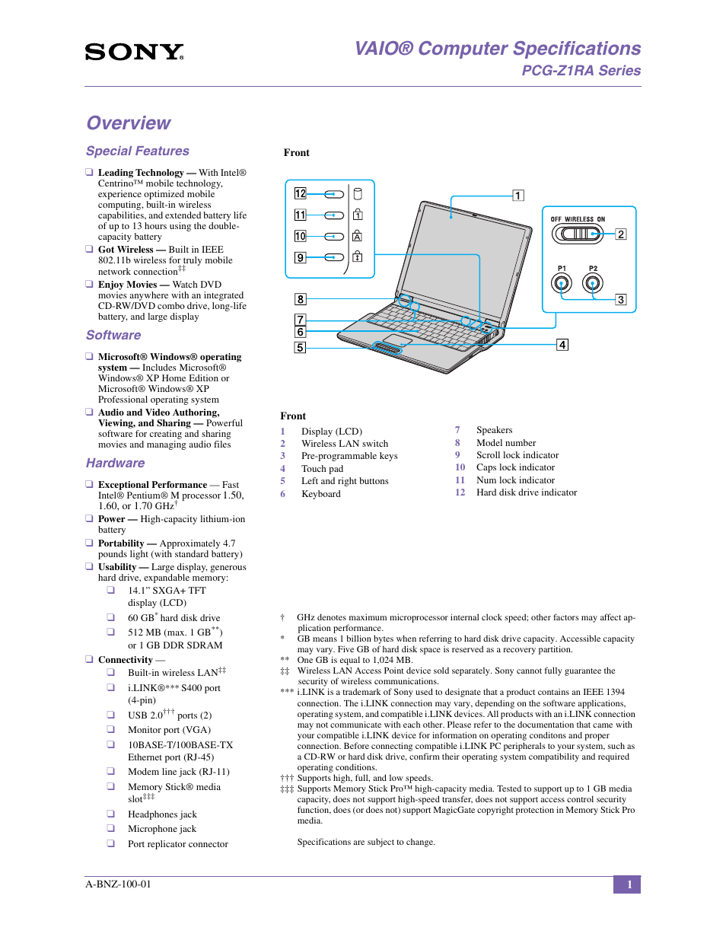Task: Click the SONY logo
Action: click(134, 52)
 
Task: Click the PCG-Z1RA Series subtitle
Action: click(581, 71)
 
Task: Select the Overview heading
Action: click(129, 123)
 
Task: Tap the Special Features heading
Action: click(138, 151)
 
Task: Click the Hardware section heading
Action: click(115, 464)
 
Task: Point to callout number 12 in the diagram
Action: click(301, 194)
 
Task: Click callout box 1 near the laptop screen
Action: click(518, 196)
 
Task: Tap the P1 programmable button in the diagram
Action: click(562, 284)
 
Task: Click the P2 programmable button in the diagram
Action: click(593, 284)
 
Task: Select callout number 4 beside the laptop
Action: click(562, 345)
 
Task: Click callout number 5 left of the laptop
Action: click(301, 348)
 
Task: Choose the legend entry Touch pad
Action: click(322, 469)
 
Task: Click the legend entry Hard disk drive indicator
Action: click(527, 492)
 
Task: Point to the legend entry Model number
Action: click(506, 443)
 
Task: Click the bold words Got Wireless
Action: click(126, 250)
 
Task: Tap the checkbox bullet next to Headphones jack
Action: click(111, 814)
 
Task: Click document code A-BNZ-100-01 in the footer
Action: click(119, 884)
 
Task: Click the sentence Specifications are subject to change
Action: click(366, 843)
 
